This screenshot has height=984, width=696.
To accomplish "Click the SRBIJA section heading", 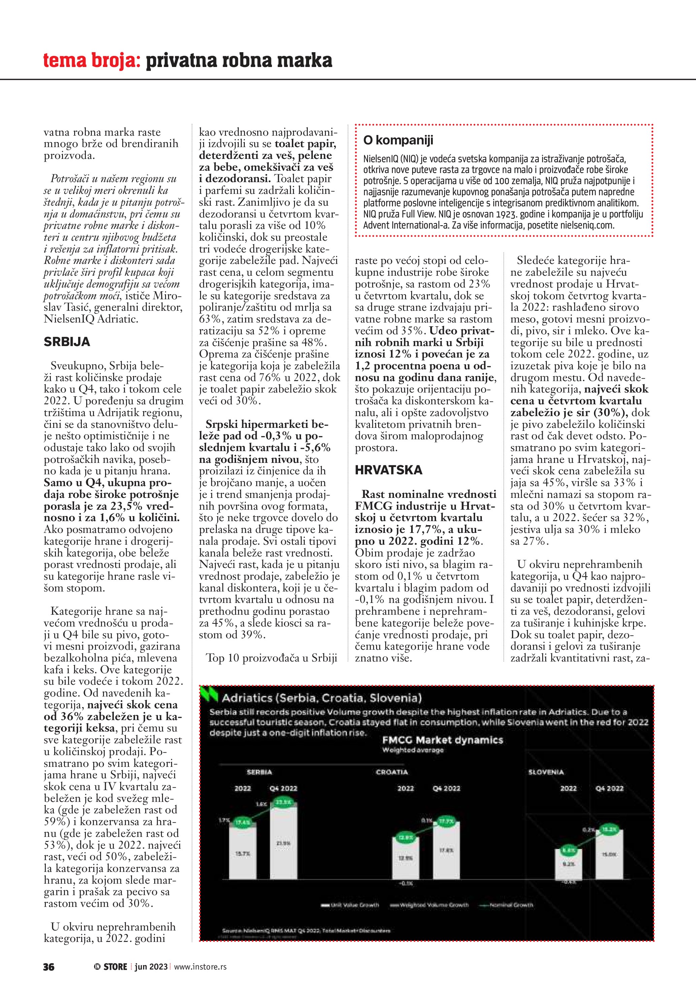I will coord(67,342).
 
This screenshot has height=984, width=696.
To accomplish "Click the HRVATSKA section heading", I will coord(388,470).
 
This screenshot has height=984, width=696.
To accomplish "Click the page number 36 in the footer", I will coord(48,966).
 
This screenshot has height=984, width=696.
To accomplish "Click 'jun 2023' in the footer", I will coord(151,966).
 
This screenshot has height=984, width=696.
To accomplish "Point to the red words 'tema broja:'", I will coord(92,61).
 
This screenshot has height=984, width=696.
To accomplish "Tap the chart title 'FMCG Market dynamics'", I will coord(442,740).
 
